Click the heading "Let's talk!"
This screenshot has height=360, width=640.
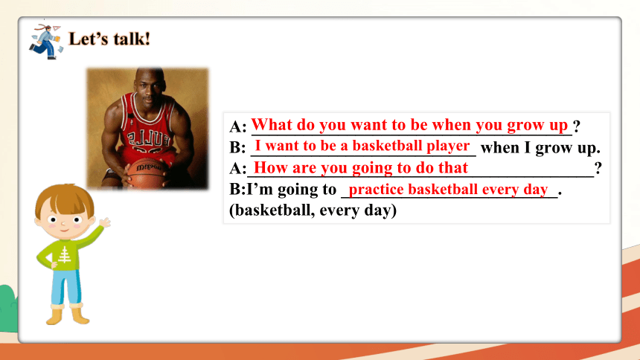(109, 39)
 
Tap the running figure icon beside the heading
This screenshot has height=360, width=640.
(45, 42)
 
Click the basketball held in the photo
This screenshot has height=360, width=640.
(147, 173)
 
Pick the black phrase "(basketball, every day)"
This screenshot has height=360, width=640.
(313, 210)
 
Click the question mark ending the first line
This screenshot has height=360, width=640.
(576, 126)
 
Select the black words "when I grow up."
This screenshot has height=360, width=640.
(540, 148)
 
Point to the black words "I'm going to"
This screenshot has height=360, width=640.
(292, 190)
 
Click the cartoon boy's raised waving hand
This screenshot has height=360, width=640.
(105, 222)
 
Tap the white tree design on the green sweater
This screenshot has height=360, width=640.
(64, 254)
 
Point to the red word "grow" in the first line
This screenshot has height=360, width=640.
(524, 125)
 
